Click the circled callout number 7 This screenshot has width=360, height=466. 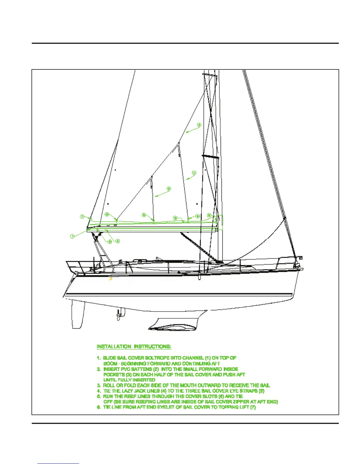pyautogui.click(x=82, y=217)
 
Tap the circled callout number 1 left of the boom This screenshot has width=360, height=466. pyautogui.click(x=72, y=236)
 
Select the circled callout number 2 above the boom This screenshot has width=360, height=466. pyautogui.click(x=175, y=218)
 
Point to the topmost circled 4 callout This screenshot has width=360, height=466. pyautogui.click(x=199, y=125)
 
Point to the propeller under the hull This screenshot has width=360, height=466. pyautogui.click(x=119, y=316)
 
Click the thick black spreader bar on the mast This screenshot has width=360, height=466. pyautogui.click(x=210, y=157)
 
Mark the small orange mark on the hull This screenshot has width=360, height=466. pyautogui.click(x=111, y=279)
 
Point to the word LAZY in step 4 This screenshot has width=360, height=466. pyautogui.click(x=127, y=391)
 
